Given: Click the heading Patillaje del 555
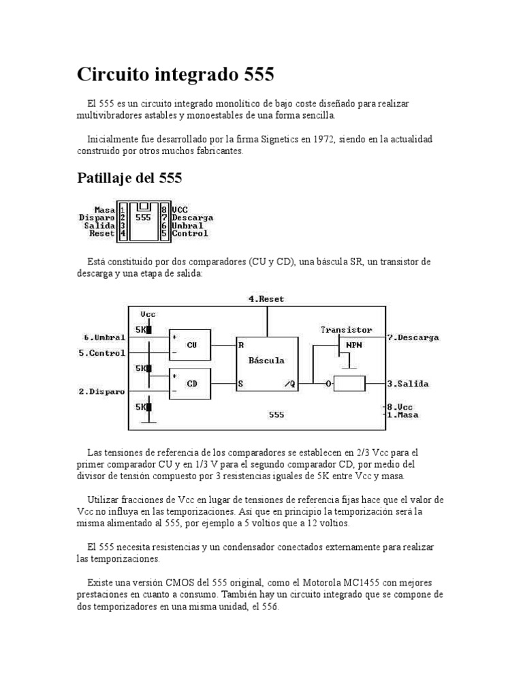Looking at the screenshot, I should pyautogui.click(x=129, y=179).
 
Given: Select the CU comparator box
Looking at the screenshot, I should pyautogui.click(x=193, y=344).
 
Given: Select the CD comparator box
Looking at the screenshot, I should pyautogui.click(x=193, y=383).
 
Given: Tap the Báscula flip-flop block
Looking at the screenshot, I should pyautogui.click(x=267, y=361).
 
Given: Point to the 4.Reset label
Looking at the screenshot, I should pyautogui.click(x=267, y=299).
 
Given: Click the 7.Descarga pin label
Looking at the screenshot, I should pyautogui.click(x=413, y=337).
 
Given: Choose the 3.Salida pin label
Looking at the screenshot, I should pyautogui.click(x=408, y=384).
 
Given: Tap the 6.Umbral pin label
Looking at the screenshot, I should pyautogui.click(x=105, y=337).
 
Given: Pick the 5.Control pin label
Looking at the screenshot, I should pyautogui.click(x=102, y=352).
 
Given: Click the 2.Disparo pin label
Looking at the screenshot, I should pyautogui.click(x=102, y=391).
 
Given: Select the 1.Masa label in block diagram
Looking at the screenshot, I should pyautogui.click(x=403, y=414).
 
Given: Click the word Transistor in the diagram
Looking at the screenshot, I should pyautogui.click(x=347, y=329).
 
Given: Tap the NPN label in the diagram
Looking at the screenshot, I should pyautogui.click(x=355, y=344).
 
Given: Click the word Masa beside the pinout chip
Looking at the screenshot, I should pyautogui.click(x=104, y=210).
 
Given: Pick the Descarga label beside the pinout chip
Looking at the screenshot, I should pyautogui.click(x=193, y=217).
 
